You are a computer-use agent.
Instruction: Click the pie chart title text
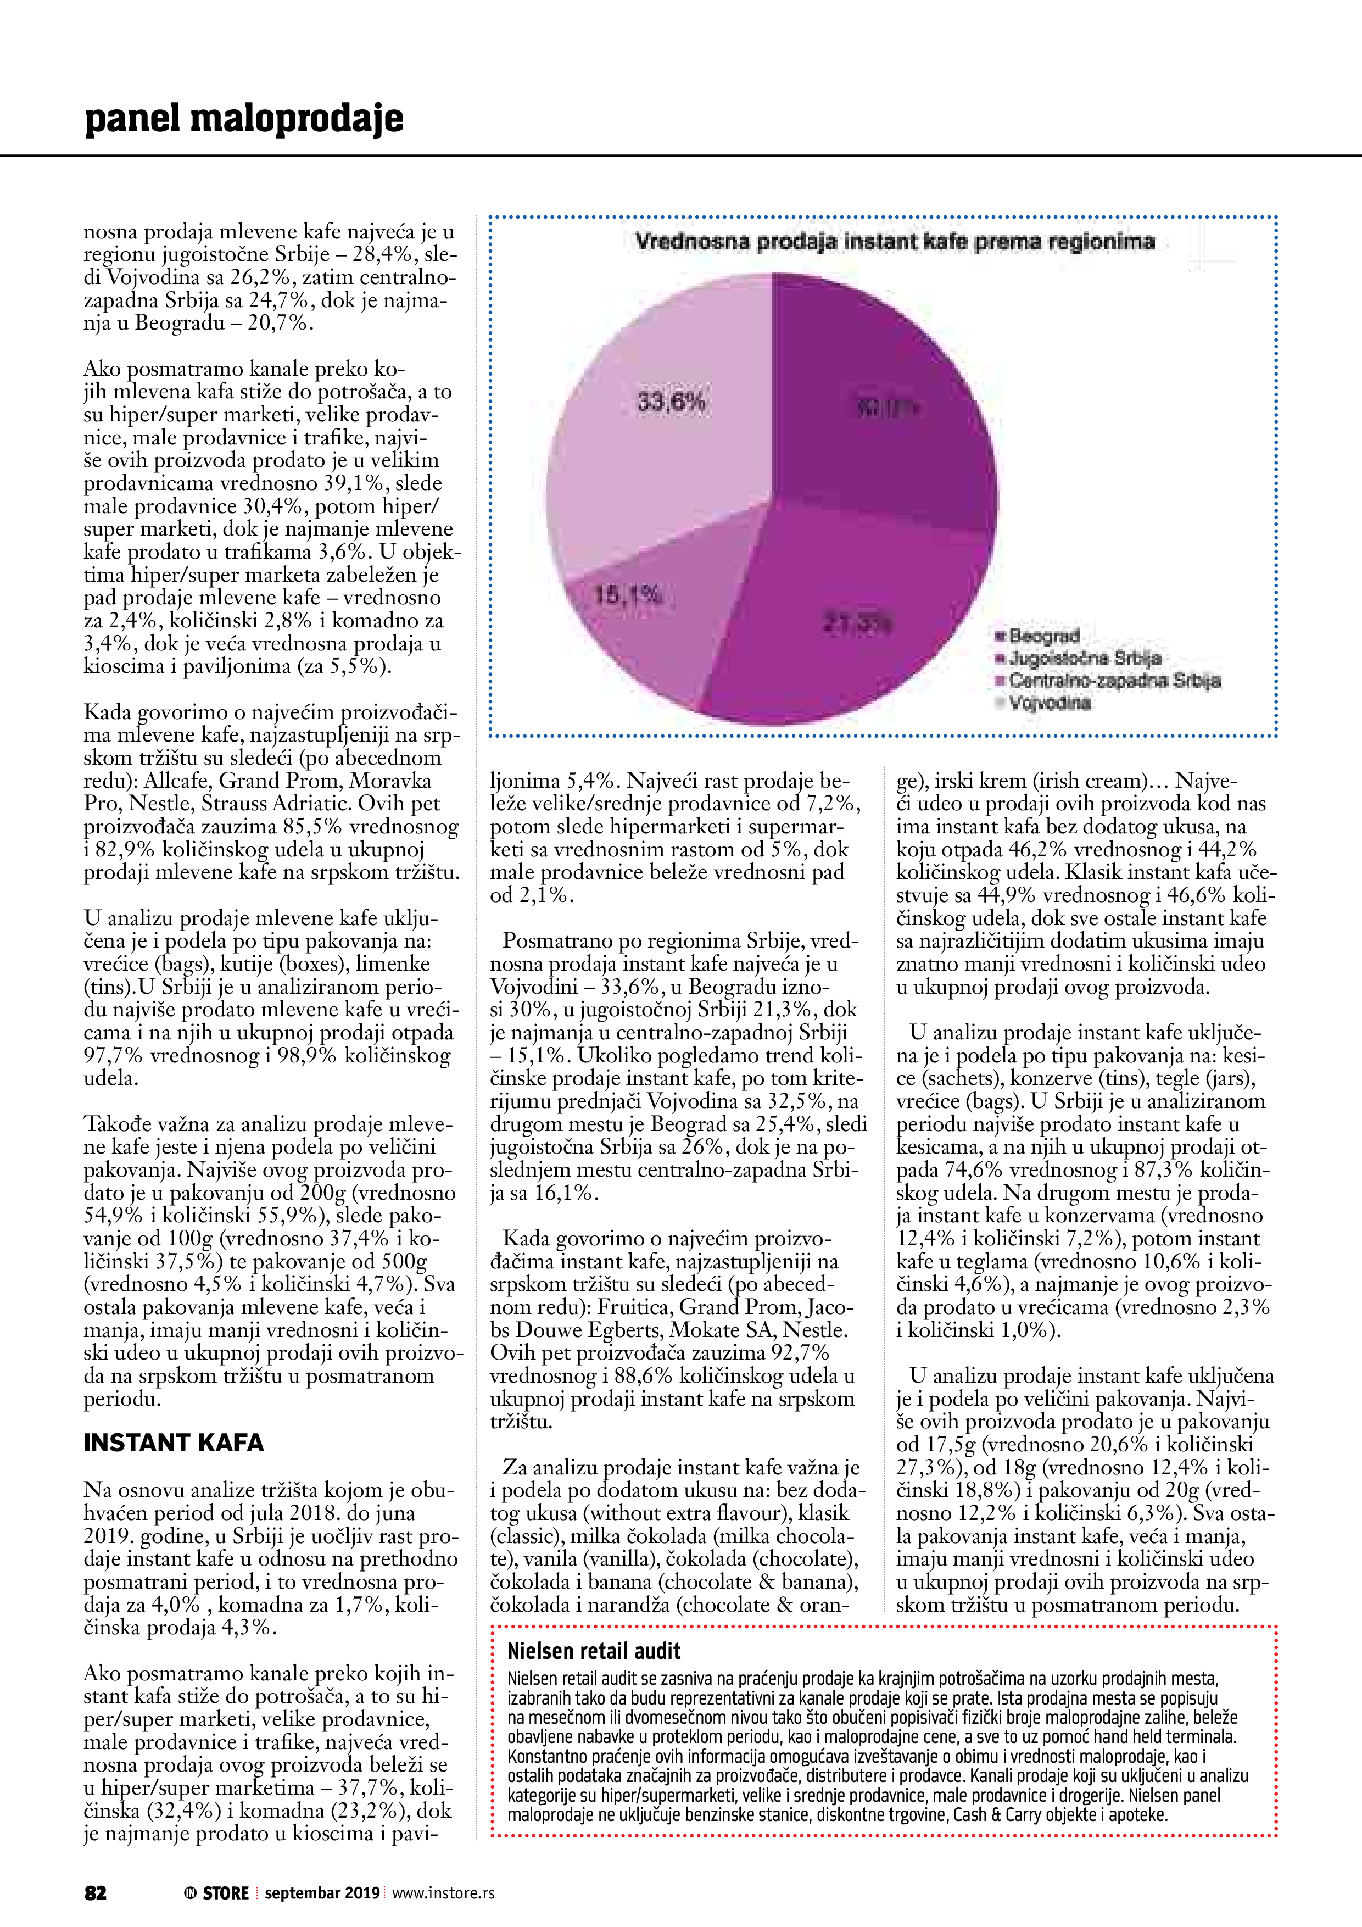(895, 243)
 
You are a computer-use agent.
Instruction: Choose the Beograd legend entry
(1043, 636)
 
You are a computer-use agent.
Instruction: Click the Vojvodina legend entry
(1049, 703)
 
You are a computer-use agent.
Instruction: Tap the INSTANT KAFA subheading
(174, 1443)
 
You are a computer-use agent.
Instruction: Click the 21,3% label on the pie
(858, 623)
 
